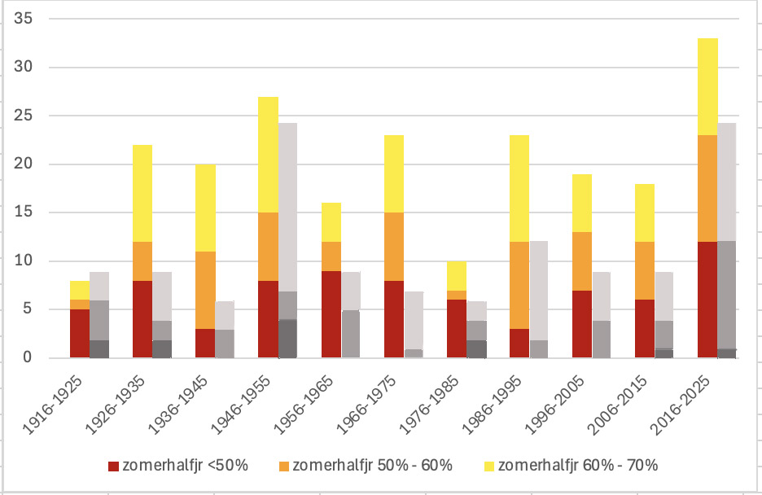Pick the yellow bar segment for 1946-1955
tap(268, 155)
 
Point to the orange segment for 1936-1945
tap(205, 290)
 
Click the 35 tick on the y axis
tap(29, 19)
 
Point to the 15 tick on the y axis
tap(29, 212)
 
